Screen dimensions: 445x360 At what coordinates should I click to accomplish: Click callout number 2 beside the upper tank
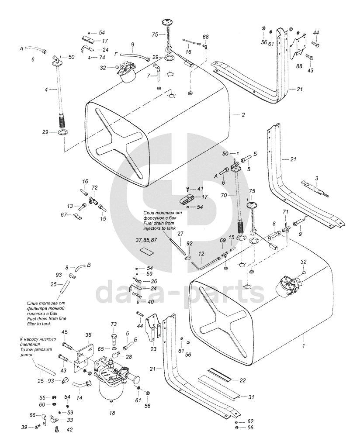(243, 115)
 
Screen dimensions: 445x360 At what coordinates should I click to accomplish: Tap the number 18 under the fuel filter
(112, 413)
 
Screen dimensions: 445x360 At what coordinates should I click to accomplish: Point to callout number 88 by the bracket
(299, 66)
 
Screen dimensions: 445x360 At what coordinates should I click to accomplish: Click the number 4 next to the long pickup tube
(46, 89)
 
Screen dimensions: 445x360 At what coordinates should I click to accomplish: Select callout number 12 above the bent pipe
(201, 253)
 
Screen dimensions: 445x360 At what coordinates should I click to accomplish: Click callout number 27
(180, 234)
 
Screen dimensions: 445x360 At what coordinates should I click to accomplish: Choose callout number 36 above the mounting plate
(88, 335)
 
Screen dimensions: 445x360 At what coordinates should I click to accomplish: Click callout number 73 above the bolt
(114, 324)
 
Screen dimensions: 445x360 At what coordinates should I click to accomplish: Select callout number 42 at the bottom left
(69, 430)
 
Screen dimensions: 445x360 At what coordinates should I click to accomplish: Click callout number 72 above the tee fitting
(94, 187)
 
